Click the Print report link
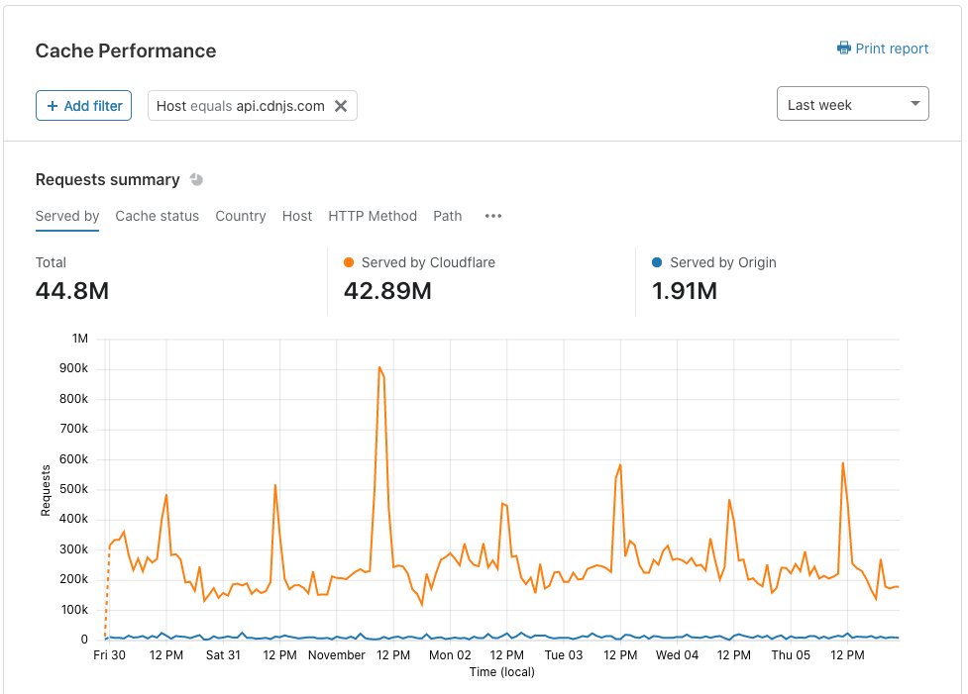pyautogui.click(x=882, y=49)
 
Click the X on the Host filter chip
pyautogui.click(x=341, y=106)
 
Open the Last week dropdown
pyautogui.click(x=852, y=104)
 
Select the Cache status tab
pyautogui.click(x=157, y=216)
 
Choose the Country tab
pyautogui.click(x=240, y=216)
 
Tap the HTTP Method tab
pyautogui.click(x=373, y=216)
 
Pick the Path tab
pyautogui.click(x=448, y=216)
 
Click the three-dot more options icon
pyautogui.click(x=493, y=216)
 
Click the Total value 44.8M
pyautogui.click(x=72, y=290)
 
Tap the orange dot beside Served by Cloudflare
pyautogui.click(x=349, y=262)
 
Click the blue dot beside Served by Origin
pyautogui.click(x=657, y=262)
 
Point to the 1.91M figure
pyautogui.click(x=685, y=290)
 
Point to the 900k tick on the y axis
pyautogui.click(x=73, y=368)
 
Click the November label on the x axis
pyautogui.click(x=337, y=655)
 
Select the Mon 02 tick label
pyautogui.click(x=450, y=655)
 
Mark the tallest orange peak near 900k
pyautogui.click(x=379, y=367)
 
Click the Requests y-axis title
pyautogui.click(x=45, y=490)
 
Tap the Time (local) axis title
pyautogui.click(x=502, y=672)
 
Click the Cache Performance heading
pyautogui.click(x=126, y=50)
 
